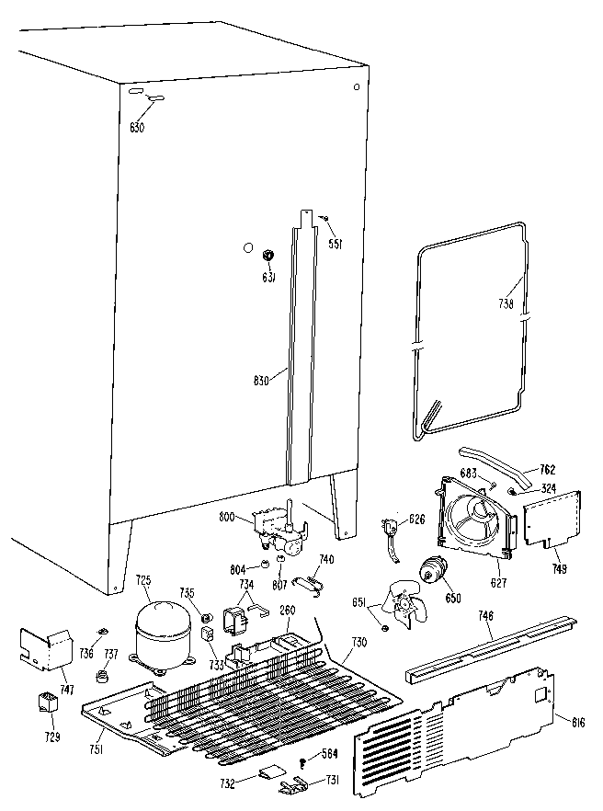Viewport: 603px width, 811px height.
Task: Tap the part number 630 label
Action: click(136, 128)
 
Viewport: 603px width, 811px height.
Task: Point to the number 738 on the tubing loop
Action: click(506, 303)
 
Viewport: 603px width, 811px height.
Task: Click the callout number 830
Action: click(260, 381)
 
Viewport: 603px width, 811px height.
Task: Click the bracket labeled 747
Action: click(50, 647)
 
